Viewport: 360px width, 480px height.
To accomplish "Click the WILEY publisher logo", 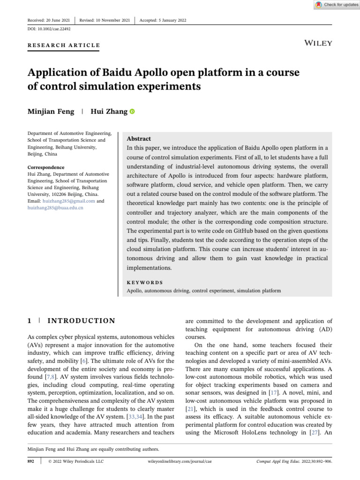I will pyautogui.click(x=318, y=43).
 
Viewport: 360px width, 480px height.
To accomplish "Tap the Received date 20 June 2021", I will pyautogui.click(x=49, y=20).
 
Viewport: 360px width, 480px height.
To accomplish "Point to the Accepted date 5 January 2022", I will pyautogui.click(x=163, y=20).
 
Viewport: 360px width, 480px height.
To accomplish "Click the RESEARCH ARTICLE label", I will pyautogui.click(x=64, y=45).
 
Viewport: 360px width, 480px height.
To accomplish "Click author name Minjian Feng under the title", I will pyautogui.click(x=51, y=111).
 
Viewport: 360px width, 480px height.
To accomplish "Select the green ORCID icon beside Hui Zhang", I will pyautogui.click(x=132, y=112).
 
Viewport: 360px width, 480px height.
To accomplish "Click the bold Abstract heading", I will pyautogui.click(x=139, y=139).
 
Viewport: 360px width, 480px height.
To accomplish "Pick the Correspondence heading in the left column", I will pyautogui.click(x=46, y=167).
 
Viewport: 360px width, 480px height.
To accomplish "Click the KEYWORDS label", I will pyautogui.click(x=145, y=283).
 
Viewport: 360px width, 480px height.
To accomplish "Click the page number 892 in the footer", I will pyautogui.click(x=32, y=461).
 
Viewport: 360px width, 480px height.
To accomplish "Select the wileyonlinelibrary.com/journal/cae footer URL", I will pyautogui.click(x=180, y=461).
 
